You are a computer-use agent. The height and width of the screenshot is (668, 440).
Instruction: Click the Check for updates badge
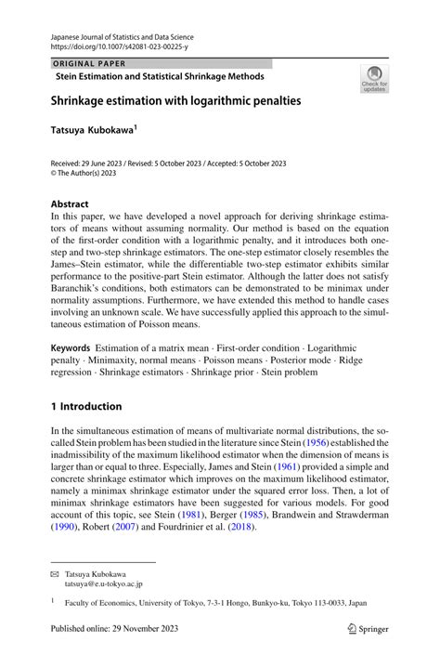click(375, 78)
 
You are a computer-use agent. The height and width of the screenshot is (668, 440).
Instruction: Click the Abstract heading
click(70, 203)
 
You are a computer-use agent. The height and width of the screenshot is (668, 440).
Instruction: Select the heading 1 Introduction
click(86, 406)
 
